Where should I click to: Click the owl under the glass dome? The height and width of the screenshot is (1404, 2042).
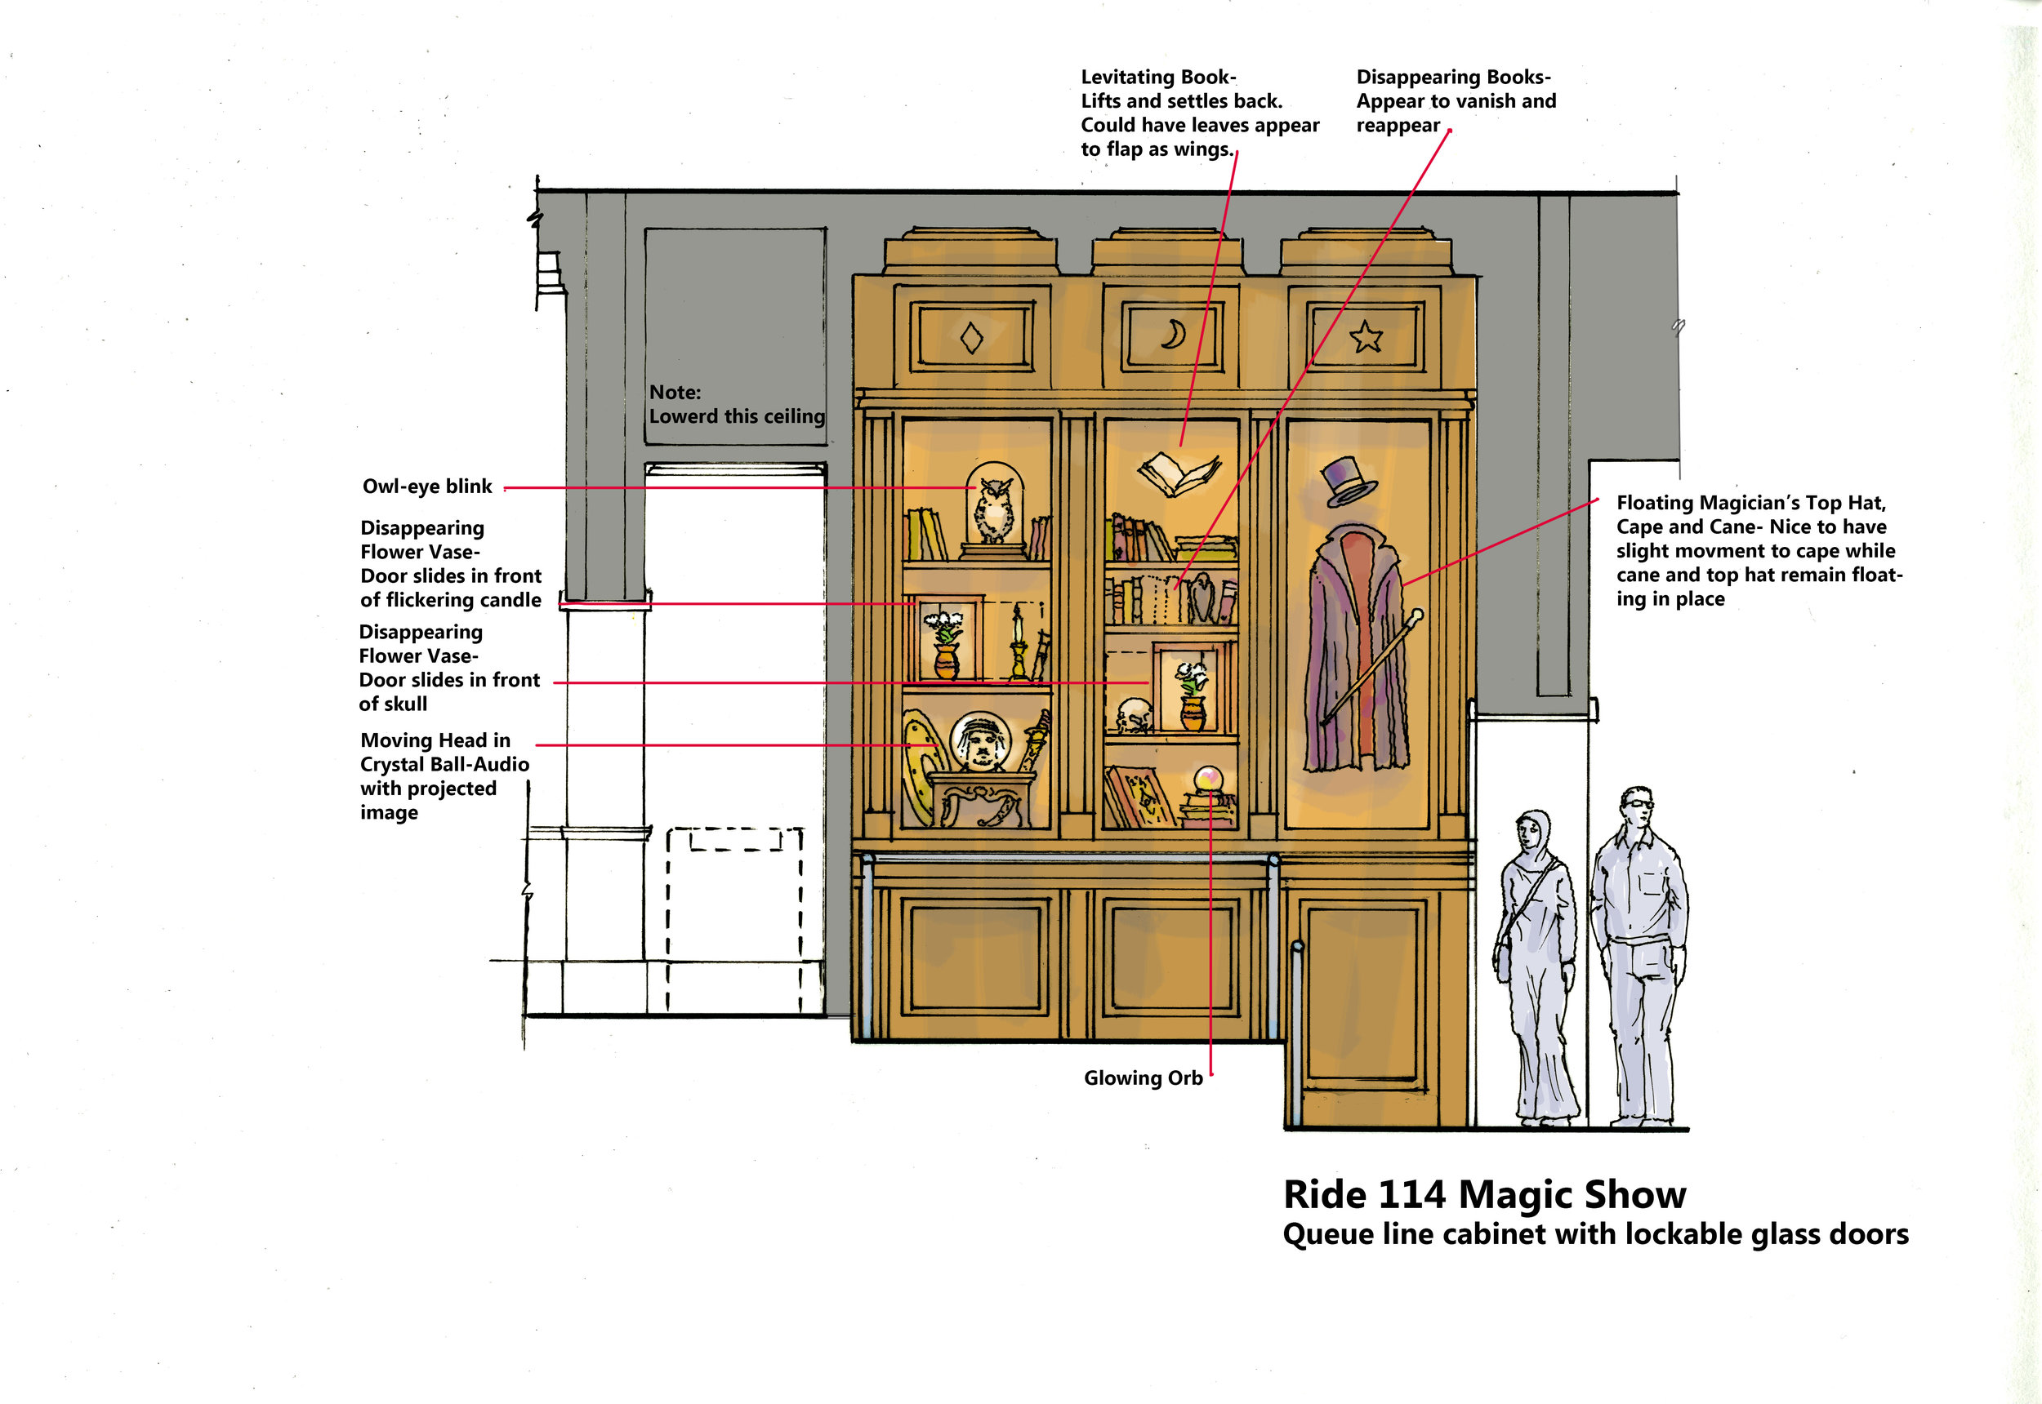point(996,510)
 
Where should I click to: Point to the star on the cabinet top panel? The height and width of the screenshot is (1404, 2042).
point(1365,336)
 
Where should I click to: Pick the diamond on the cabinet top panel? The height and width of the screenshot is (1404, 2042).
point(972,338)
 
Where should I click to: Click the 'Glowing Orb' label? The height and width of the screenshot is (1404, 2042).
point(1143,1077)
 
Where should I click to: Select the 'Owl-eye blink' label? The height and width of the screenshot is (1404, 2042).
point(427,487)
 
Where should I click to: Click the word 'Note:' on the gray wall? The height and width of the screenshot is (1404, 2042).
point(675,393)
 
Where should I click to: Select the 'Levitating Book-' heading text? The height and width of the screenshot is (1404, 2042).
point(1158,78)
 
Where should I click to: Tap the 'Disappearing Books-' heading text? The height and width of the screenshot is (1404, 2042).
point(1453,78)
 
